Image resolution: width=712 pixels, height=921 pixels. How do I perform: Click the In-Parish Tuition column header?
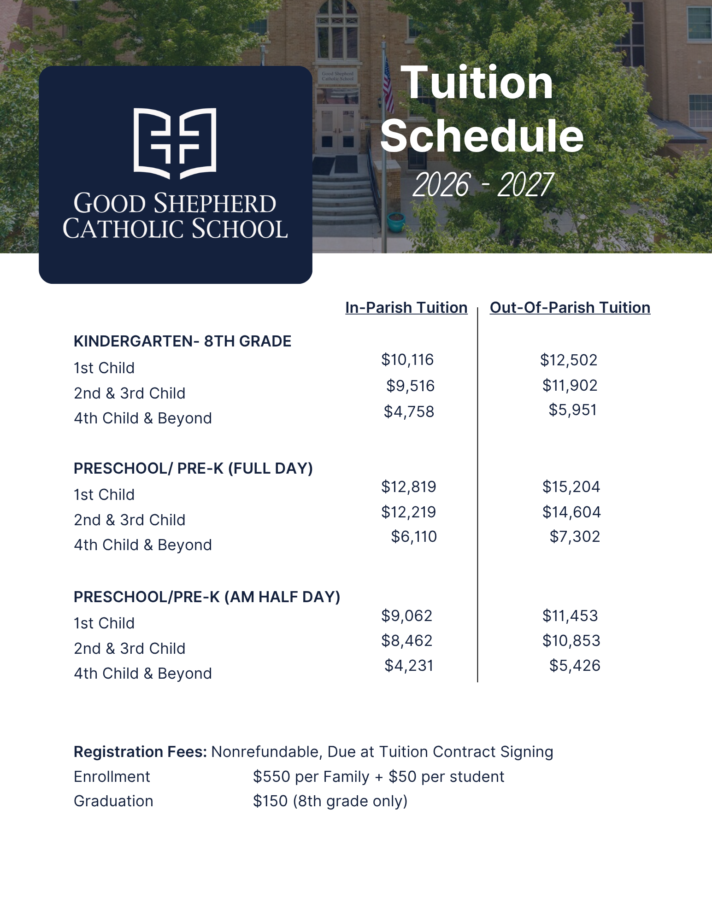pos(406,307)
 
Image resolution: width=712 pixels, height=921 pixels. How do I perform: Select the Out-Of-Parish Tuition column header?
pos(570,307)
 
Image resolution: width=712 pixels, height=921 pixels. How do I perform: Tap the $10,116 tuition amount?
pos(407,359)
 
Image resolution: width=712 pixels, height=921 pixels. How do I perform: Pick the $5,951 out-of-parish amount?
pos(572,410)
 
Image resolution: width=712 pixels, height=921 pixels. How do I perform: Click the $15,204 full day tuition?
pos(571,487)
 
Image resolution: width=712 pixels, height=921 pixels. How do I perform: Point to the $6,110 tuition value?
pos(414,536)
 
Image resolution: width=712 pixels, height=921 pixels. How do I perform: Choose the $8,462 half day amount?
pos(407,640)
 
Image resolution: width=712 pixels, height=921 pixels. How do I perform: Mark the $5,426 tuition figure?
pos(575,665)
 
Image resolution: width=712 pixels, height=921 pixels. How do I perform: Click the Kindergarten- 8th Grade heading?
pos(182,341)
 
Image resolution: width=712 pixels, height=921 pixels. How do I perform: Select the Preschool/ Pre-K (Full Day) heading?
pos(193,468)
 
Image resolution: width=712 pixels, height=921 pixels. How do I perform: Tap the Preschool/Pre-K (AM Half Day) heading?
pos(207,597)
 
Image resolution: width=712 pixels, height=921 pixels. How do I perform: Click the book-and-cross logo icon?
pos(175,143)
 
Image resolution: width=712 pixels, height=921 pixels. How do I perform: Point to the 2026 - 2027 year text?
pos(482,185)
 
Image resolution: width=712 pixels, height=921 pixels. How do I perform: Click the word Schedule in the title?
pos(482,136)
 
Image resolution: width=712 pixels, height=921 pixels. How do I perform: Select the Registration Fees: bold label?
pos(140,751)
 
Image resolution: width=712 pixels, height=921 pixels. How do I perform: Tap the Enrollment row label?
pos(112,776)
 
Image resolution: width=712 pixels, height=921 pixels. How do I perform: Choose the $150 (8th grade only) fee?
pos(330,801)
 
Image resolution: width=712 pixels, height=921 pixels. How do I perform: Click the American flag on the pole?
pos(388,88)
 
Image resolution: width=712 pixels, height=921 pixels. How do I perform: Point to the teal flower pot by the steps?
pos(396,223)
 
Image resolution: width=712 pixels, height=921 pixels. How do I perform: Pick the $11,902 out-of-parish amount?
pos(570,385)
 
